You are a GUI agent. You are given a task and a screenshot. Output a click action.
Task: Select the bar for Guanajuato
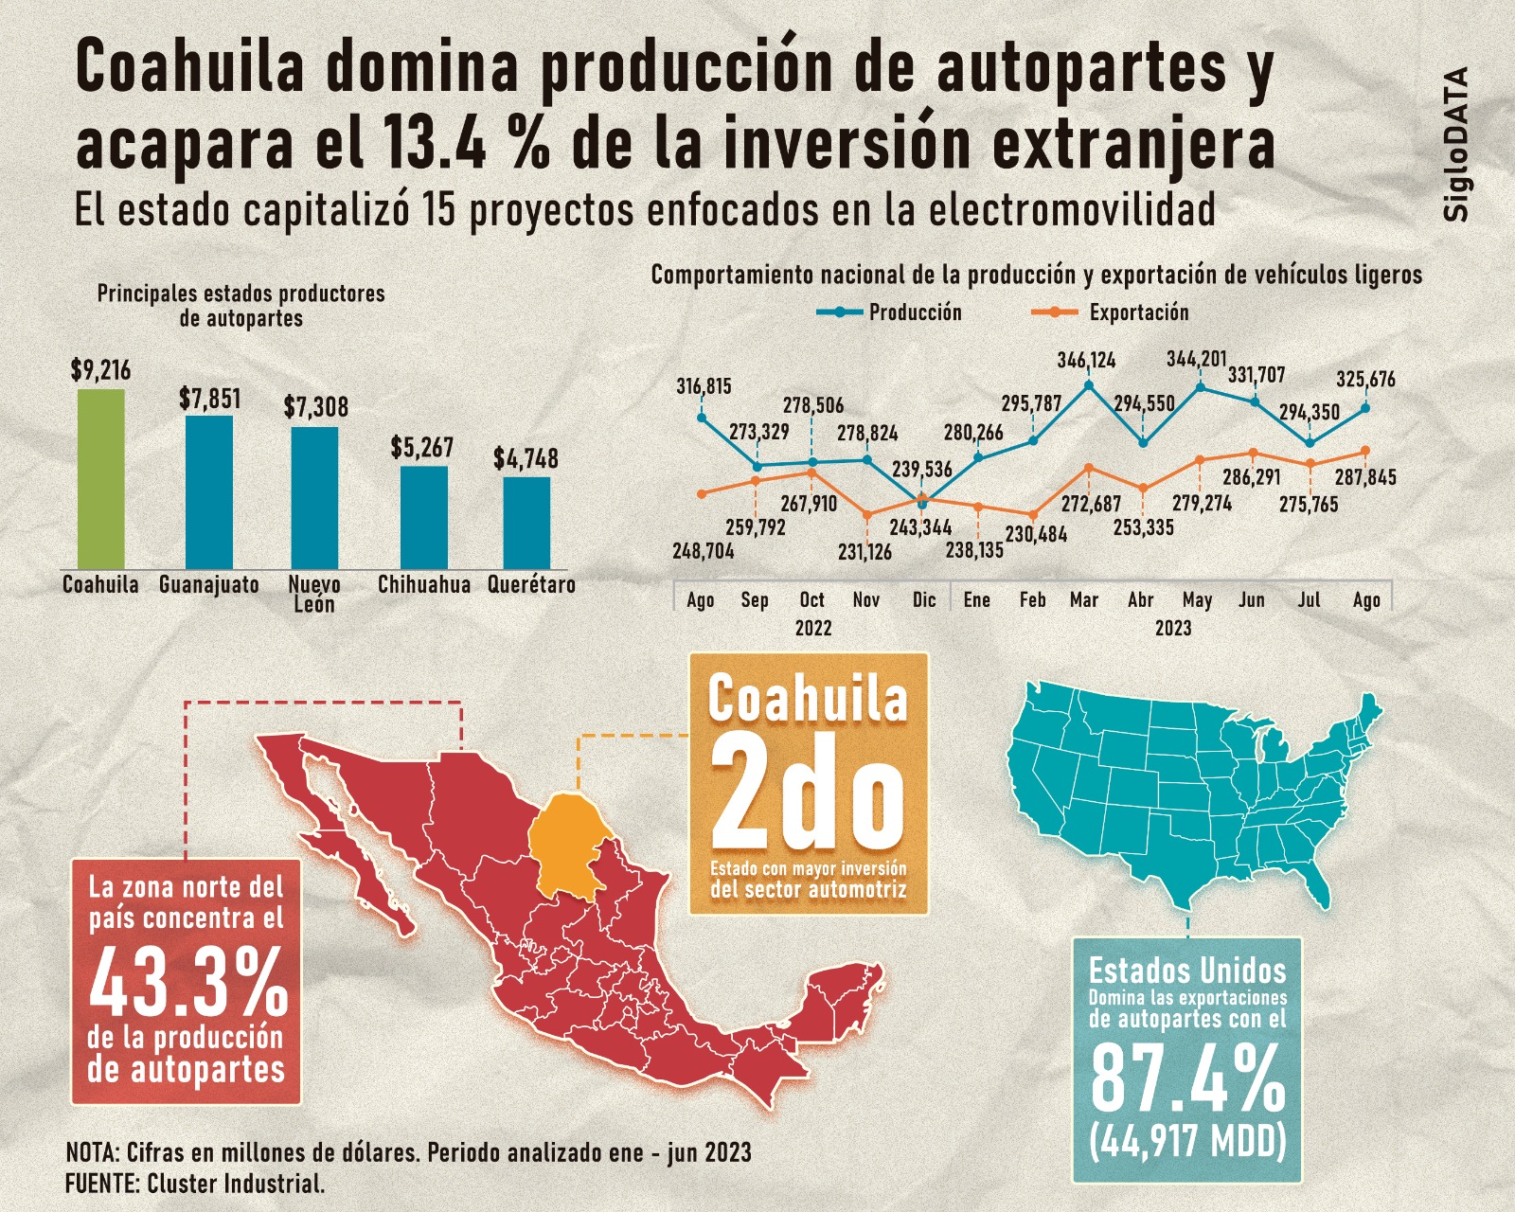(208, 491)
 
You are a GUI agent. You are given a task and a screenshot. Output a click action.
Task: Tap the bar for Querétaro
(526, 522)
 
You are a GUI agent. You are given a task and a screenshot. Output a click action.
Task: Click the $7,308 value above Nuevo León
(316, 407)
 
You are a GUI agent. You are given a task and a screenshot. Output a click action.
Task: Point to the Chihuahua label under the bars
(424, 585)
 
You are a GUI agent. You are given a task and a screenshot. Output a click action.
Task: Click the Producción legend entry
(889, 312)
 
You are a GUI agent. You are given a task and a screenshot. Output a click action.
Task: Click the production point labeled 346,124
(1088, 384)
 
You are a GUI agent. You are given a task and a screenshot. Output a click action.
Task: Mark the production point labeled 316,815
(702, 417)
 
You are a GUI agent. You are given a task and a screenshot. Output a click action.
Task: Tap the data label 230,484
(1036, 534)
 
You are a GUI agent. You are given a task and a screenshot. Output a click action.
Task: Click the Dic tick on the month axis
(924, 599)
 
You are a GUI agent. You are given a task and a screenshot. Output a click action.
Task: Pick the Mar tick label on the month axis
(1084, 599)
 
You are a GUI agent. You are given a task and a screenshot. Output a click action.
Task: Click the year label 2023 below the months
(1172, 628)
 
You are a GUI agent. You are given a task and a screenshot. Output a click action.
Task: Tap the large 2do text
(808, 794)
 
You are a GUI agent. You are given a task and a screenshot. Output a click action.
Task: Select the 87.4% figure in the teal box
(1187, 1079)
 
